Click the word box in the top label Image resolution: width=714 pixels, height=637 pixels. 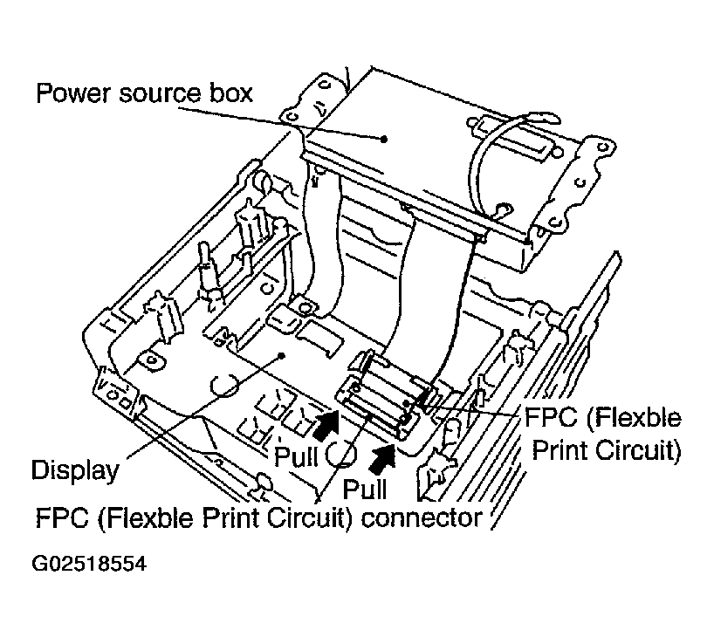[230, 92]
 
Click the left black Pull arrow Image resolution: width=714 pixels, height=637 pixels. [326, 425]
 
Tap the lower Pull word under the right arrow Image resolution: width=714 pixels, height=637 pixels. [366, 487]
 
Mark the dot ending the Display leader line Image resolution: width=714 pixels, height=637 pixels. [280, 355]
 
